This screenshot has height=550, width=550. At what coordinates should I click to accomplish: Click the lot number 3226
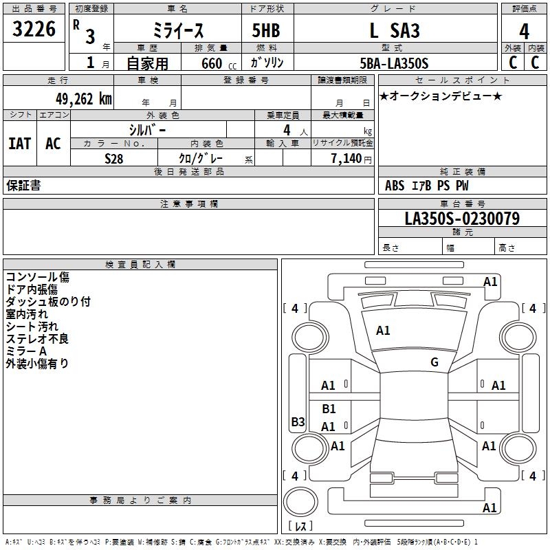tap(34, 29)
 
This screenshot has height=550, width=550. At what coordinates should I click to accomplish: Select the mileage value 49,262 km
tap(83, 99)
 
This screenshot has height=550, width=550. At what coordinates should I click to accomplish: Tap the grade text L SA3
tap(395, 30)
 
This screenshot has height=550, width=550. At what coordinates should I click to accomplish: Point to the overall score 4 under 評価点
tap(524, 32)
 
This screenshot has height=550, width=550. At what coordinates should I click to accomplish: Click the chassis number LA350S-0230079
tap(462, 219)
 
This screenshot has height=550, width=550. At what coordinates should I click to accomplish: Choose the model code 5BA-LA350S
tap(394, 63)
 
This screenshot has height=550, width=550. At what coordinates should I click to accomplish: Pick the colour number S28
tap(114, 159)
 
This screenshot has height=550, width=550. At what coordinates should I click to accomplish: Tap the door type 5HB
tap(266, 30)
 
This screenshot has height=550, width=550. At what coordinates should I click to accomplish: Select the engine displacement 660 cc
tap(219, 64)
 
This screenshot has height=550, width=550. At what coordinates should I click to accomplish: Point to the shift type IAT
tap(20, 144)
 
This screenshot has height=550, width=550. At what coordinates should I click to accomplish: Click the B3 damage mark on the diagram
tap(298, 421)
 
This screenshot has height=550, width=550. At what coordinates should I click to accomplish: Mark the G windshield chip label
tap(434, 362)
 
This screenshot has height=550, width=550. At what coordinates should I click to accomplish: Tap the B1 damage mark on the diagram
tap(329, 408)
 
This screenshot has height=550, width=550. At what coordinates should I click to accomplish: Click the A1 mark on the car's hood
tap(383, 331)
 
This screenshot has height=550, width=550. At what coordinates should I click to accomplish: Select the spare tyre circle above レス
tap(300, 501)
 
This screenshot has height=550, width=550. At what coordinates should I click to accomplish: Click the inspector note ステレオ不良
tap(37, 339)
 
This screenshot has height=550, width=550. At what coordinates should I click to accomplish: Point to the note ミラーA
tap(26, 351)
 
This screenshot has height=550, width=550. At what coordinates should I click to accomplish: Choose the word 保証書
tap(23, 186)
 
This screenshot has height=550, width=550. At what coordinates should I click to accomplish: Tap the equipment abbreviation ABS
tap(395, 186)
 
